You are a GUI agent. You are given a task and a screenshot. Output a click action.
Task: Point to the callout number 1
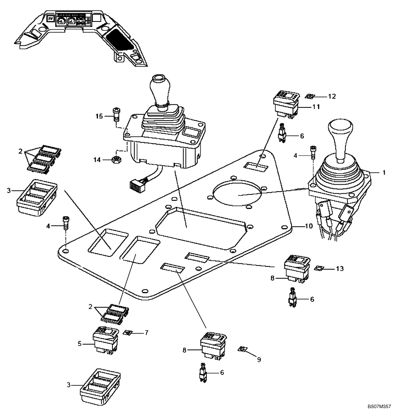click(x=384, y=173)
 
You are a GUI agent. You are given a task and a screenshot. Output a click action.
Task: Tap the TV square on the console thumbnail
click(x=50, y=19)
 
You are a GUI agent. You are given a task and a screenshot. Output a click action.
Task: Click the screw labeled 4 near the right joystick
click(x=313, y=152)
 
